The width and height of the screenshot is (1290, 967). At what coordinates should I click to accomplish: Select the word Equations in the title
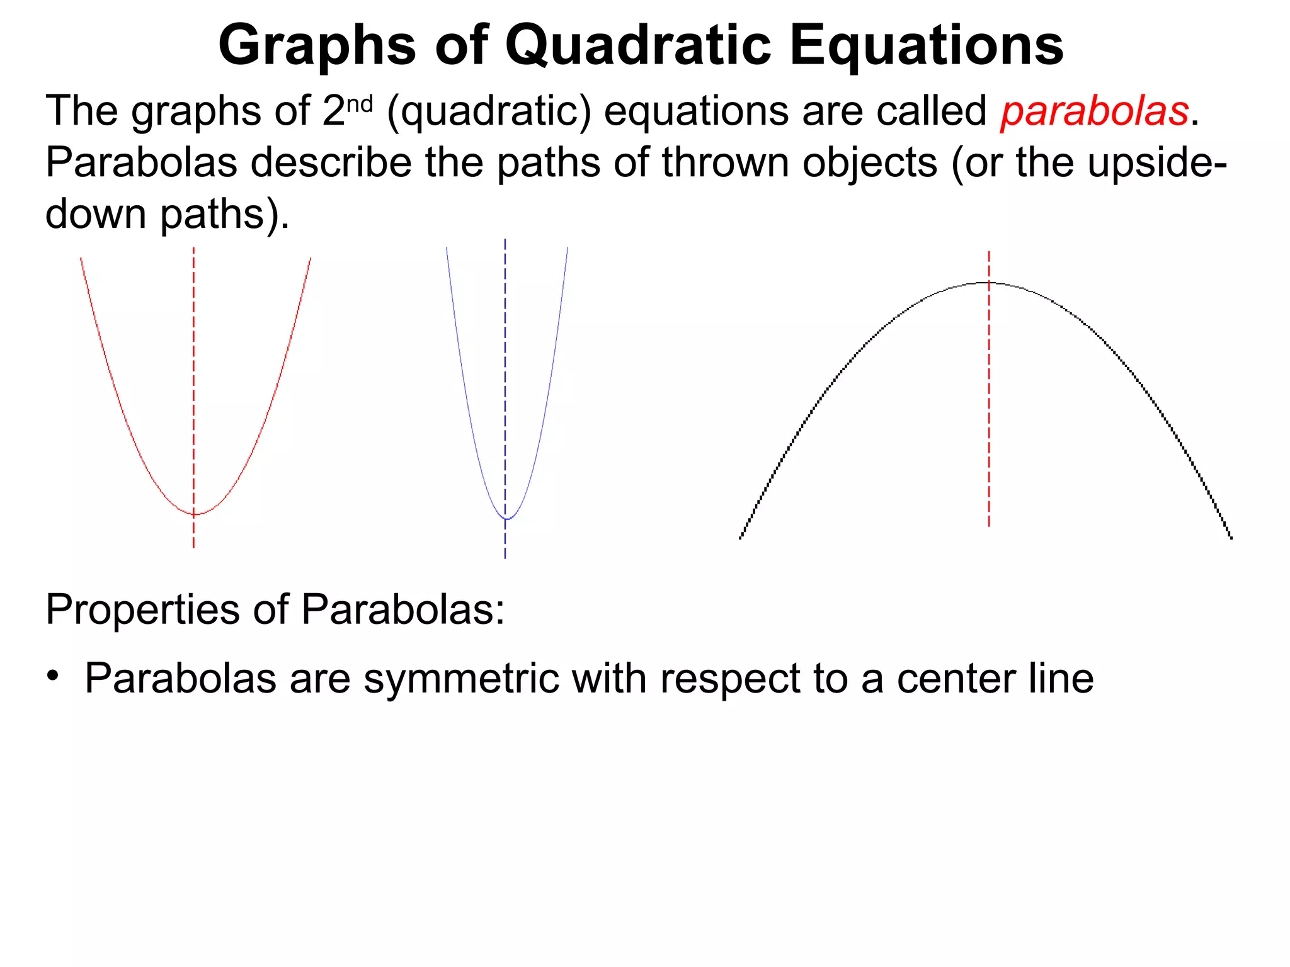click(x=926, y=45)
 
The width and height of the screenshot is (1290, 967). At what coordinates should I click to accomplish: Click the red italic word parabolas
click(x=1095, y=111)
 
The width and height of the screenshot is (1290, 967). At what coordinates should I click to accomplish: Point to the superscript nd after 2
click(x=360, y=103)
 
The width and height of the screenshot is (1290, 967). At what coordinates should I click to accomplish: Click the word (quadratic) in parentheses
click(x=489, y=112)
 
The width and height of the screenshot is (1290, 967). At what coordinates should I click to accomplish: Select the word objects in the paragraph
click(x=872, y=162)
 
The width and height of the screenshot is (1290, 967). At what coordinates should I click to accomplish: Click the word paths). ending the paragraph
click(x=224, y=214)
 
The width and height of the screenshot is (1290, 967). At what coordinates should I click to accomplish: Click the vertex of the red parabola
click(x=194, y=514)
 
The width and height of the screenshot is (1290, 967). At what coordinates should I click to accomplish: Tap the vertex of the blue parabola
click(x=506, y=519)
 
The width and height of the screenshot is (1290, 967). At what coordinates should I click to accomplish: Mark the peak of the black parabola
click(x=989, y=283)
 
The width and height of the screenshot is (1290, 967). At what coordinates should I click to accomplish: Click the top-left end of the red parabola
click(x=81, y=259)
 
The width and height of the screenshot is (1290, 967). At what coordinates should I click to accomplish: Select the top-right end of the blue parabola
click(x=568, y=248)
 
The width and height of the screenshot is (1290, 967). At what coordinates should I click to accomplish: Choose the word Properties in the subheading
click(x=142, y=609)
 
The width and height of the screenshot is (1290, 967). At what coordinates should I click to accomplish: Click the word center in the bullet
click(x=955, y=679)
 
